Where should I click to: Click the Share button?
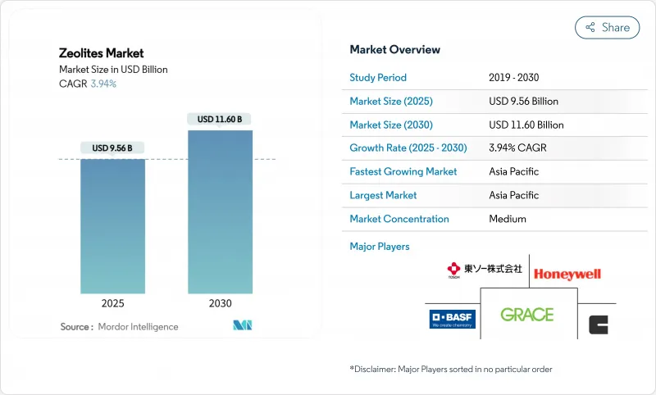coord(608,27)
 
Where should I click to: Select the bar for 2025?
coord(112,225)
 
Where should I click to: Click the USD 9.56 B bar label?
coord(112,148)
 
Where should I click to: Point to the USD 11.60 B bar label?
coord(220,120)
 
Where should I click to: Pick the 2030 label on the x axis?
coord(220,303)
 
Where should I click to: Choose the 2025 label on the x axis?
coord(112,303)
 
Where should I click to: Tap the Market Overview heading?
coord(394,50)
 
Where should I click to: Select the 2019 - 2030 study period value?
coord(514,78)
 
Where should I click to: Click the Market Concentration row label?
coord(399,219)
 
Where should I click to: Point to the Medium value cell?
coord(507,219)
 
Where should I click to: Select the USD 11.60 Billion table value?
coord(526,125)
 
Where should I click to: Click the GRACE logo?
coord(526,315)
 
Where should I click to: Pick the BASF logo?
coord(451,318)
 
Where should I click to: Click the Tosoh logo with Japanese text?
coord(484,270)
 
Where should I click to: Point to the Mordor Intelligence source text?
coord(137,327)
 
